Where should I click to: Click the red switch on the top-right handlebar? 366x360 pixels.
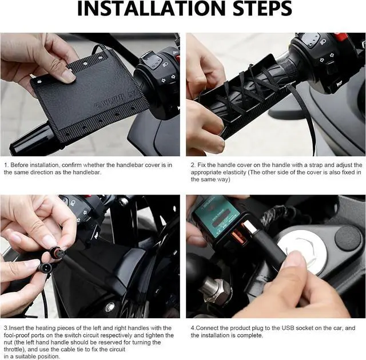(x=341, y=37)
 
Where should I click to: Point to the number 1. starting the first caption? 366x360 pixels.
(x=6, y=164)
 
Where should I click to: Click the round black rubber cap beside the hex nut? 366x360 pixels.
(x=348, y=238)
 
